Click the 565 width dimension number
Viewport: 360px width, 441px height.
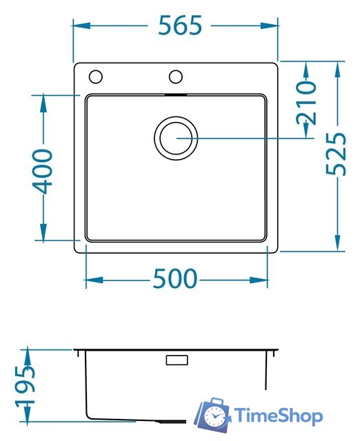point(180,25)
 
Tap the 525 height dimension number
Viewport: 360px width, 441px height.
point(336,154)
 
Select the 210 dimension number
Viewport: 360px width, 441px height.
point(306,103)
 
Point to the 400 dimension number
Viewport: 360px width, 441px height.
point(43,172)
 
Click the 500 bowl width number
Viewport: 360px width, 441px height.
point(174,278)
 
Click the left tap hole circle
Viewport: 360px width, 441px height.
point(95,76)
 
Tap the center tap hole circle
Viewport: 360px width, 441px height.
point(176,76)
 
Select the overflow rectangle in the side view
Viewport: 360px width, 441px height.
point(177,360)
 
